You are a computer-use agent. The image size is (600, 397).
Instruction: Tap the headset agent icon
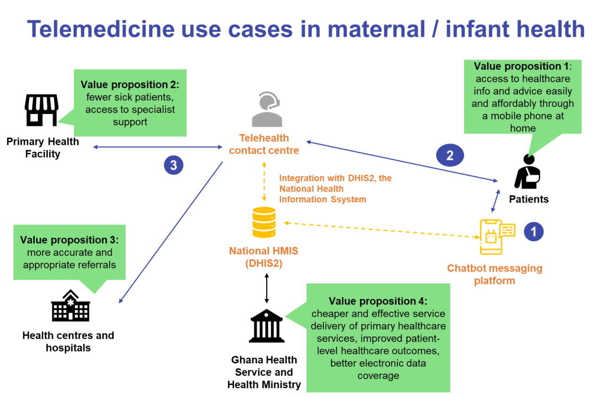tap(267, 110)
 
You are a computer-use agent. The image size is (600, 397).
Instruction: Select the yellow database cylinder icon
tap(264, 222)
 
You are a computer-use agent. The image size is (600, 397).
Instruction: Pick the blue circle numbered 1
tap(533, 231)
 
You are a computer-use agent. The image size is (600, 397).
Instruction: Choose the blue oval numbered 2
tap(450, 155)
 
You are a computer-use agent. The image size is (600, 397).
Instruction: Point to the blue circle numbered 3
tap(173, 165)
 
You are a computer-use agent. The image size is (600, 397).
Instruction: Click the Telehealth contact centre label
tap(264, 144)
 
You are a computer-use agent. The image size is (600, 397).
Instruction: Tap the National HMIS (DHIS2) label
tap(263, 257)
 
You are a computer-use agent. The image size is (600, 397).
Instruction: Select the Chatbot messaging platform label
tap(495, 275)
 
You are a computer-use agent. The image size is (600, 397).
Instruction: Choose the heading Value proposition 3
tap(69, 240)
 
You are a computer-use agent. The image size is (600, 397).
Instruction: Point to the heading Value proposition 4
tap(378, 301)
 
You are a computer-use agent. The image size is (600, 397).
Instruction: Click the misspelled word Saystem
tap(348, 199)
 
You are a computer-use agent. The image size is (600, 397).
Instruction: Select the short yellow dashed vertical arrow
tap(264, 183)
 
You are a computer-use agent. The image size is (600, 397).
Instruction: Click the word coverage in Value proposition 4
tap(378, 375)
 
